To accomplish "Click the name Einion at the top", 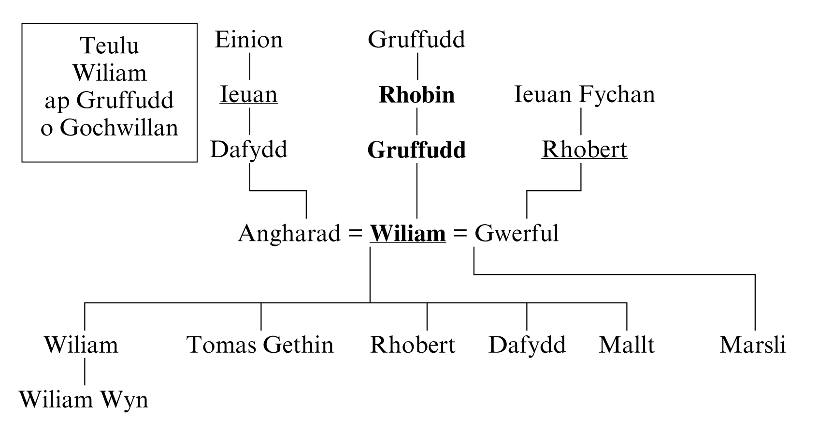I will pos(248,40).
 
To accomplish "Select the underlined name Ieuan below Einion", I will pos(248,94).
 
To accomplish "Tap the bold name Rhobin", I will pos(416,95).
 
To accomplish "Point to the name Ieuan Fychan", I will pos(584,94).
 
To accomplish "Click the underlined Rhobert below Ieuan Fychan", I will pos(584,150).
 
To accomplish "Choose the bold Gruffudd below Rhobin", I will pos(416,150).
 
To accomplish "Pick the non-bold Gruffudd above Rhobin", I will pos(416,40).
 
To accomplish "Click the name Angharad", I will pos(289,233).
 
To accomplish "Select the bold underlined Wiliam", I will pos(408,233).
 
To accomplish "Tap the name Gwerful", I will pos(517,233).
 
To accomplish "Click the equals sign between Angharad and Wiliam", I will pos(356,234).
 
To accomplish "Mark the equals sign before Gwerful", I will pos(460,234).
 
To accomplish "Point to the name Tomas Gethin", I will pos(260,345).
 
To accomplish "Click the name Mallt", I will pos(627,345).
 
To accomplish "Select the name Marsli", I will pos(752,345).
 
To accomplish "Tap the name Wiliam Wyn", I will pos(84,400).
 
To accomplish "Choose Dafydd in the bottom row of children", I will pos(527,345).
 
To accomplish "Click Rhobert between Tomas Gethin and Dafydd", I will pos(413,345).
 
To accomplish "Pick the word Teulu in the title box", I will pos(110,46).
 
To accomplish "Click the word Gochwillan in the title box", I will pos(119,128).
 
